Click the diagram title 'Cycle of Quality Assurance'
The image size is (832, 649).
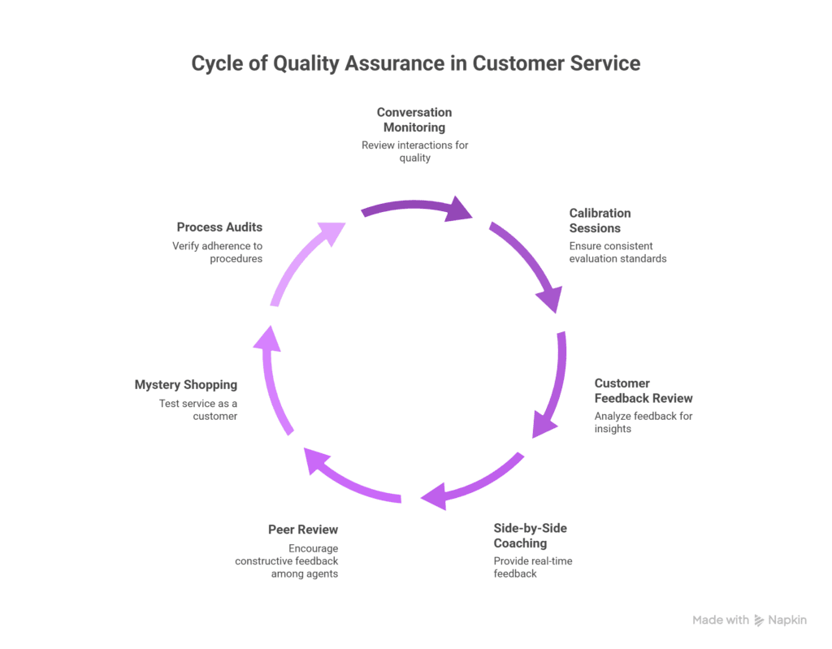pos(415,63)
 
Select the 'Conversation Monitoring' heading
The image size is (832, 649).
pos(414,119)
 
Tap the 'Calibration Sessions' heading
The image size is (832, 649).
pos(600,220)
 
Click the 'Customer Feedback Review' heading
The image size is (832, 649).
pos(643,391)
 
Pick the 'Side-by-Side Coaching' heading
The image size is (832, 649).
pos(531,535)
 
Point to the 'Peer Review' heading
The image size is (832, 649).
pos(303,530)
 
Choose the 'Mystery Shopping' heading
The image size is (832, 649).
pos(186,385)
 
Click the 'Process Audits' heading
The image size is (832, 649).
pos(219,227)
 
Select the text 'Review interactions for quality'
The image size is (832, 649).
pos(414,152)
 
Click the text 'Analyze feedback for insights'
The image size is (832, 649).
pos(643,422)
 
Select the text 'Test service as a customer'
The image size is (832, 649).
pos(197,409)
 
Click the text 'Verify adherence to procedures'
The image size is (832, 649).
pos(217,252)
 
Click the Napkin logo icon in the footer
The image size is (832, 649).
pos(759,620)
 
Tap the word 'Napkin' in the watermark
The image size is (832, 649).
pos(788,620)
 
